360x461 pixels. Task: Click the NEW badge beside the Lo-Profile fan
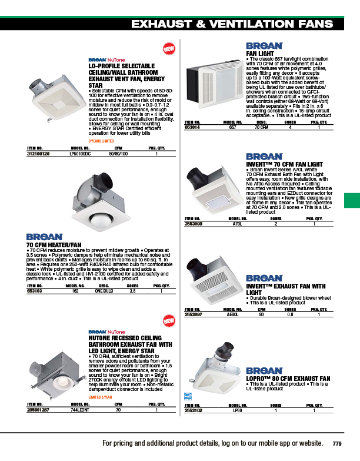pyautogui.click(x=169, y=48)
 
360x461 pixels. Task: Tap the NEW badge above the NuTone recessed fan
pyautogui.click(x=169, y=321)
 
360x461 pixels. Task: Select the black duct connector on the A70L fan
pyautogui.click(x=195, y=176)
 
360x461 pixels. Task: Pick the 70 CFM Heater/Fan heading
pyautogui.click(x=54, y=244)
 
